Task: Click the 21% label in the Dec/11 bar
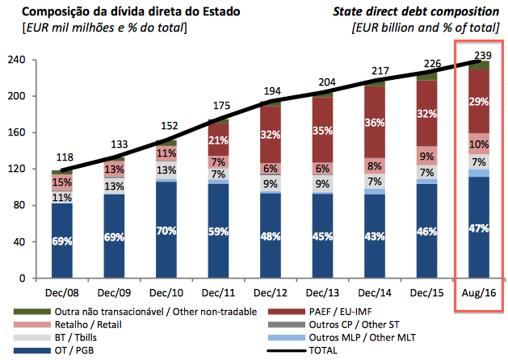[x=219, y=140]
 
